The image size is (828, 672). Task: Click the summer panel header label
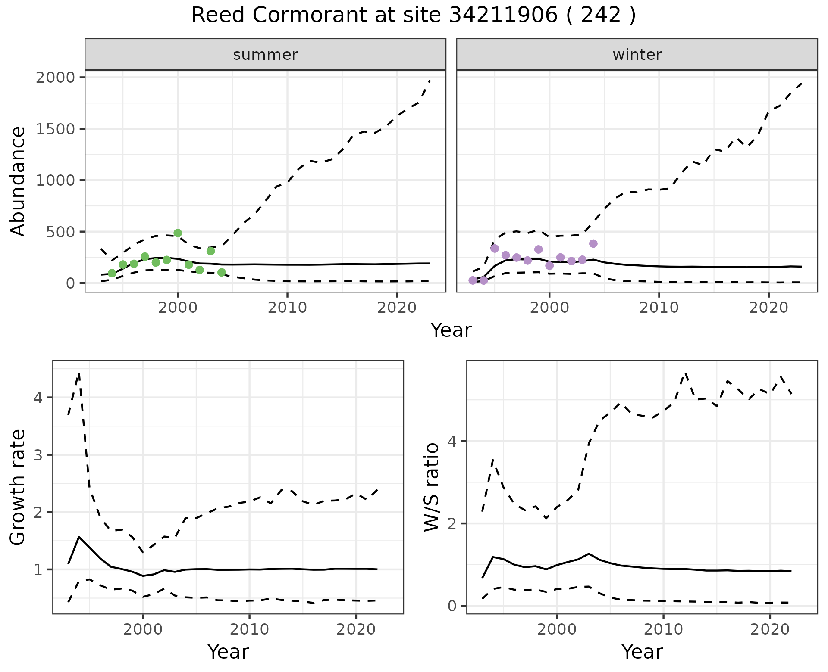click(x=265, y=55)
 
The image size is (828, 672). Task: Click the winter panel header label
click(x=637, y=55)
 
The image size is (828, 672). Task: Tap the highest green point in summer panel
click(x=178, y=233)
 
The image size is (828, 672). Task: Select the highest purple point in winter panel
click(x=593, y=243)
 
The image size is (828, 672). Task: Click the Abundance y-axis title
click(x=18, y=181)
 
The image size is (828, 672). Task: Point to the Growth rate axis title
click(x=18, y=487)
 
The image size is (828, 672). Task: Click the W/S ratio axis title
click(x=432, y=487)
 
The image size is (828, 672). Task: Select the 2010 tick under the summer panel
click(x=287, y=308)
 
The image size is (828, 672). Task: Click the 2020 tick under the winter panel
click(x=768, y=308)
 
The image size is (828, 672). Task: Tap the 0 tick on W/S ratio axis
click(x=452, y=606)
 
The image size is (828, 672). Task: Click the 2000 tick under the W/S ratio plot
click(x=557, y=629)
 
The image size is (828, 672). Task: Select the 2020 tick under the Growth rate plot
click(x=356, y=629)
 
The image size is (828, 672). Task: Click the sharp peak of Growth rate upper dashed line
click(x=79, y=373)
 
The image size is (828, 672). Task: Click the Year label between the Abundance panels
click(x=451, y=330)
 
